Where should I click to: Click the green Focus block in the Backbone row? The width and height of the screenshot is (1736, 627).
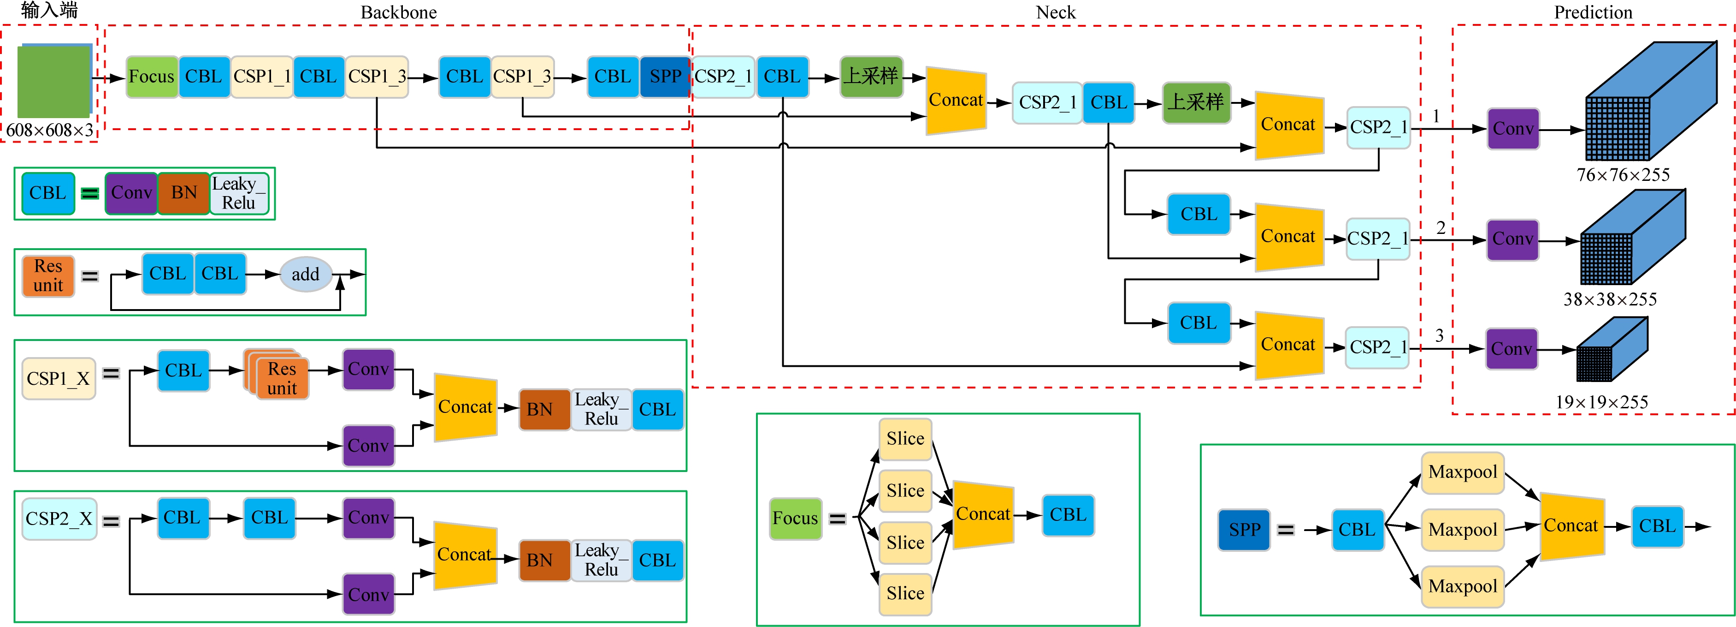[x=152, y=77]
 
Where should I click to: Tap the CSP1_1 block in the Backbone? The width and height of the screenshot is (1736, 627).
[x=261, y=77]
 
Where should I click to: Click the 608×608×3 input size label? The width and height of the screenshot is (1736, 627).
[x=50, y=130]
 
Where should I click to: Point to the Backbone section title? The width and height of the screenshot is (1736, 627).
[x=398, y=12]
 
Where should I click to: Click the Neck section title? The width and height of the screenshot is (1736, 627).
[x=1055, y=12]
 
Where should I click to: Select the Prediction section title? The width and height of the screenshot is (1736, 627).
[x=1593, y=12]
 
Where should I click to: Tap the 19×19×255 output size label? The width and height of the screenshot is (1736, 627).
[x=1601, y=402]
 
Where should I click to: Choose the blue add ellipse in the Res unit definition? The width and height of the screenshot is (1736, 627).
[x=305, y=275]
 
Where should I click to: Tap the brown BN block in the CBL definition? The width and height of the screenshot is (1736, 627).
[x=183, y=193]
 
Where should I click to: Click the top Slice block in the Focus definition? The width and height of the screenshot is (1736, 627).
[x=905, y=439]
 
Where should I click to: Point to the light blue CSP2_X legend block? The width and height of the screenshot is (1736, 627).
[x=59, y=519]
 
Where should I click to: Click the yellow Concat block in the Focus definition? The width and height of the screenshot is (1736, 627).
[x=983, y=514]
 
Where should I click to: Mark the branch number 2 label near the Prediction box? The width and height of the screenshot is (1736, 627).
[x=1441, y=228]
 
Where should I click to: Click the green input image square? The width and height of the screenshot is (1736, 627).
[x=54, y=82]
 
